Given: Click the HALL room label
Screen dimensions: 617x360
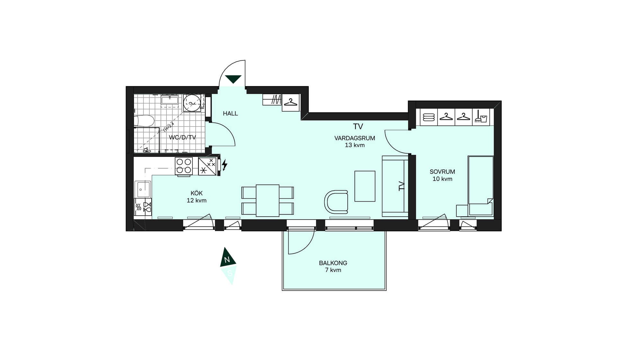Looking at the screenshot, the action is click(230, 113).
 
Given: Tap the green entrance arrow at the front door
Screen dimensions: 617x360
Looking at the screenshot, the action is click(233, 79).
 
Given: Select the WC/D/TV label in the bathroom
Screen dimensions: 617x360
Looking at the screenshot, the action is click(182, 138).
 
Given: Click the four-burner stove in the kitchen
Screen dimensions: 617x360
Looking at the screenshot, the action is click(184, 166).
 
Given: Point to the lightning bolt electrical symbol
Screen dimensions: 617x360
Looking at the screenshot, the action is click(224, 165).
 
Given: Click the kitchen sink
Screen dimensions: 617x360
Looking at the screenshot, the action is click(143, 189).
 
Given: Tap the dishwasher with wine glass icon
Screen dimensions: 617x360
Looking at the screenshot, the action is click(143, 207).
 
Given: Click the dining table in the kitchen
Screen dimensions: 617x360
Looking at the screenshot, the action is click(267, 201).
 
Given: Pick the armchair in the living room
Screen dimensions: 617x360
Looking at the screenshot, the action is click(336, 202).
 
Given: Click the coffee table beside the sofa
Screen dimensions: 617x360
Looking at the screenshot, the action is click(365, 186).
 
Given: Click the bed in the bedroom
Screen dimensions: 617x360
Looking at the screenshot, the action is click(480, 186).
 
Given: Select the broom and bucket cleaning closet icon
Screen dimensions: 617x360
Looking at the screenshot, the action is click(481, 117).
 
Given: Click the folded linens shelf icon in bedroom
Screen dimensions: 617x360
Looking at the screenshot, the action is click(429, 117).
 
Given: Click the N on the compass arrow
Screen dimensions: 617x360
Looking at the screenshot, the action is click(227, 260).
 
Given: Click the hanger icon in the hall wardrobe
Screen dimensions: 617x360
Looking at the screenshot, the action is click(291, 103).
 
